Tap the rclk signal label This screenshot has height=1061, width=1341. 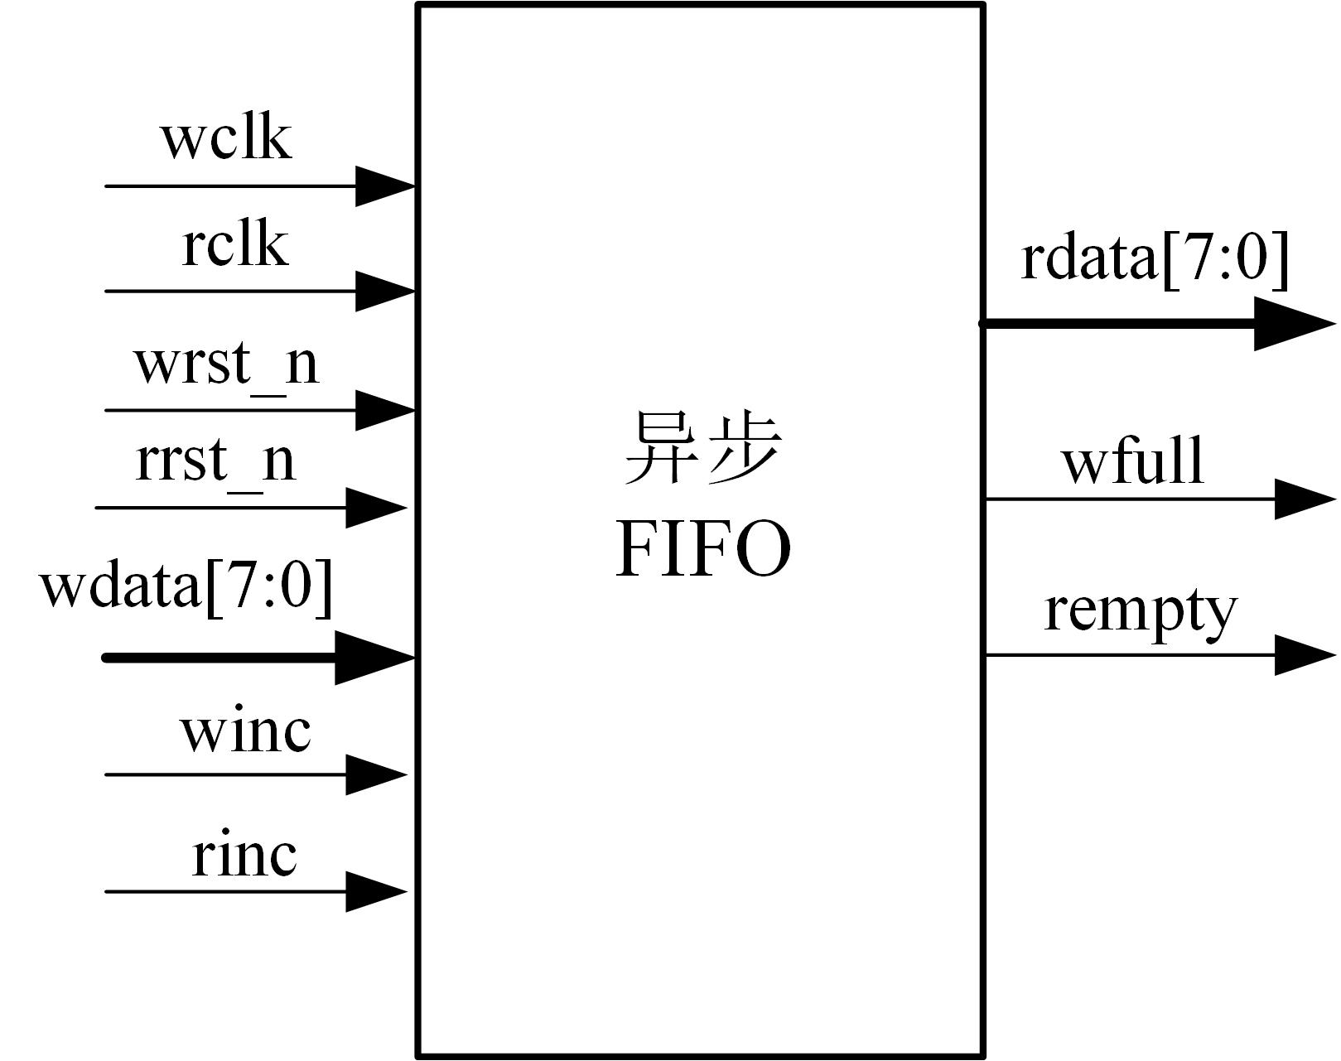click(x=235, y=245)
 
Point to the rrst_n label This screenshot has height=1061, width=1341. click(x=215, y=461)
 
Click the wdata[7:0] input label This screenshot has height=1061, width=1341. click(x=186, y=585)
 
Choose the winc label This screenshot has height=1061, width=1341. click(x=245, y=731)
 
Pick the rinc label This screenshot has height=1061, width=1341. click(x=244, y=855)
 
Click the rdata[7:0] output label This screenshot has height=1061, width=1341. click(x=1155, y=258)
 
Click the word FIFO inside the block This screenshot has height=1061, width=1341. click(x=703, y=551)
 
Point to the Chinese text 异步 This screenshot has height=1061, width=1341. click(x=702, y=449)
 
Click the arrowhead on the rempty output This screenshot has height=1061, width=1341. click(x=1304, y=655)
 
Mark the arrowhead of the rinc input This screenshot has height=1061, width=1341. click(x=375, y=892)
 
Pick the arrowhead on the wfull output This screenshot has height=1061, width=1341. click(x=1304, y=499)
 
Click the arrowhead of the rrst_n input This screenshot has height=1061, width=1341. click(x=375, y=507)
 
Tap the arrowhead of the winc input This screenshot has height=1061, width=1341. click(x=375, y=775)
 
